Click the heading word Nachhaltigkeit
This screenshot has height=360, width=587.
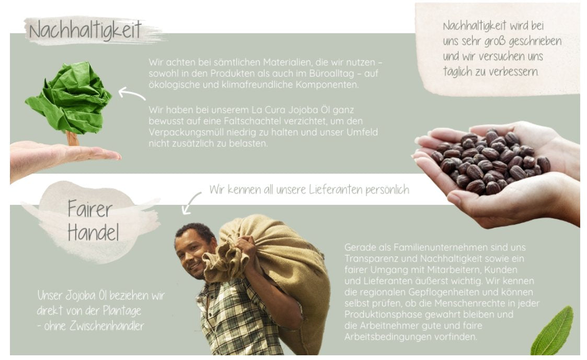[85, 30]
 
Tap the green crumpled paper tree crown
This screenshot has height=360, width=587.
[69, 97]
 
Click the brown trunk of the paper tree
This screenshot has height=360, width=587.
[73, 138]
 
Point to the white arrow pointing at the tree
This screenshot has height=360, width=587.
[132, 93]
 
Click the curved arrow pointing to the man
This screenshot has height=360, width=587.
[190, 203]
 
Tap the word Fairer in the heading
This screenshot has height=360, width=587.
[90, 209]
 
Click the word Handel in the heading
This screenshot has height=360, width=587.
[93, 232]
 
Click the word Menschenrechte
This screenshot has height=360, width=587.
[471, 303]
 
